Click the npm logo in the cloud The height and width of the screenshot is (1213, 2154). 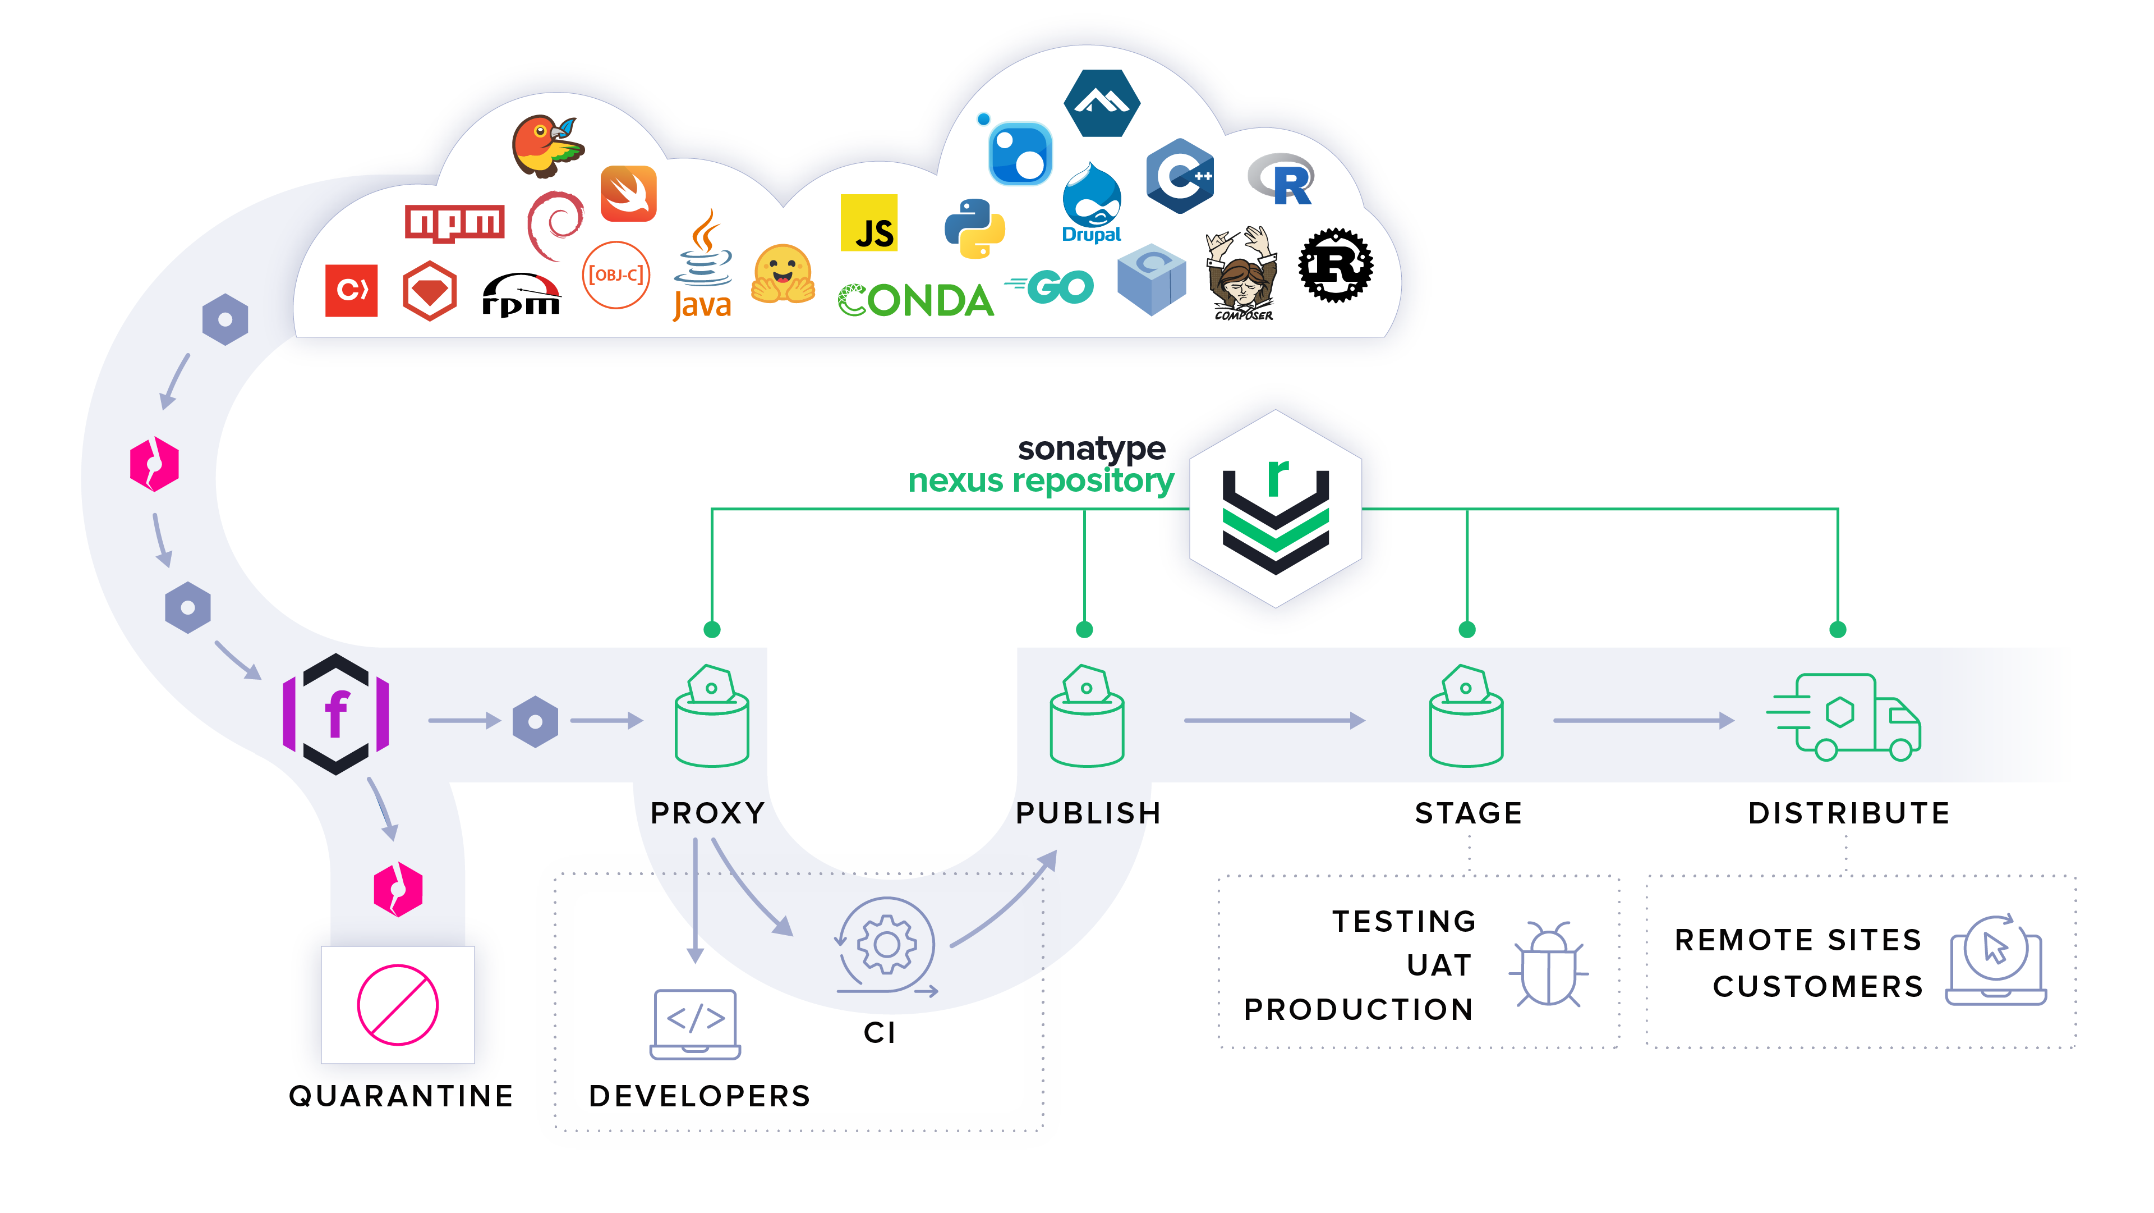tap(454, 222)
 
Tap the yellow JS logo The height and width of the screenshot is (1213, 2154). tap(869, 223)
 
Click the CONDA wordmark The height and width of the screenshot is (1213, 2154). tap(915, 300)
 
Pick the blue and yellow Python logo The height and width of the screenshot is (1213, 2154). tap(974, 227)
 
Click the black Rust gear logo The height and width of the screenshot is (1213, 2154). tap(1336, 265)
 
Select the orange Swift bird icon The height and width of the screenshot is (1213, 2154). tap(628, 193)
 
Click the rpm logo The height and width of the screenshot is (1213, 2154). tap(521, 295)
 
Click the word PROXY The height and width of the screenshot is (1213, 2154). tap(707, 812)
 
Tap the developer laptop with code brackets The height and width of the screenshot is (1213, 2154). tap(695, 1023)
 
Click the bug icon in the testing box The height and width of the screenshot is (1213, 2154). tap(1548, 964)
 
